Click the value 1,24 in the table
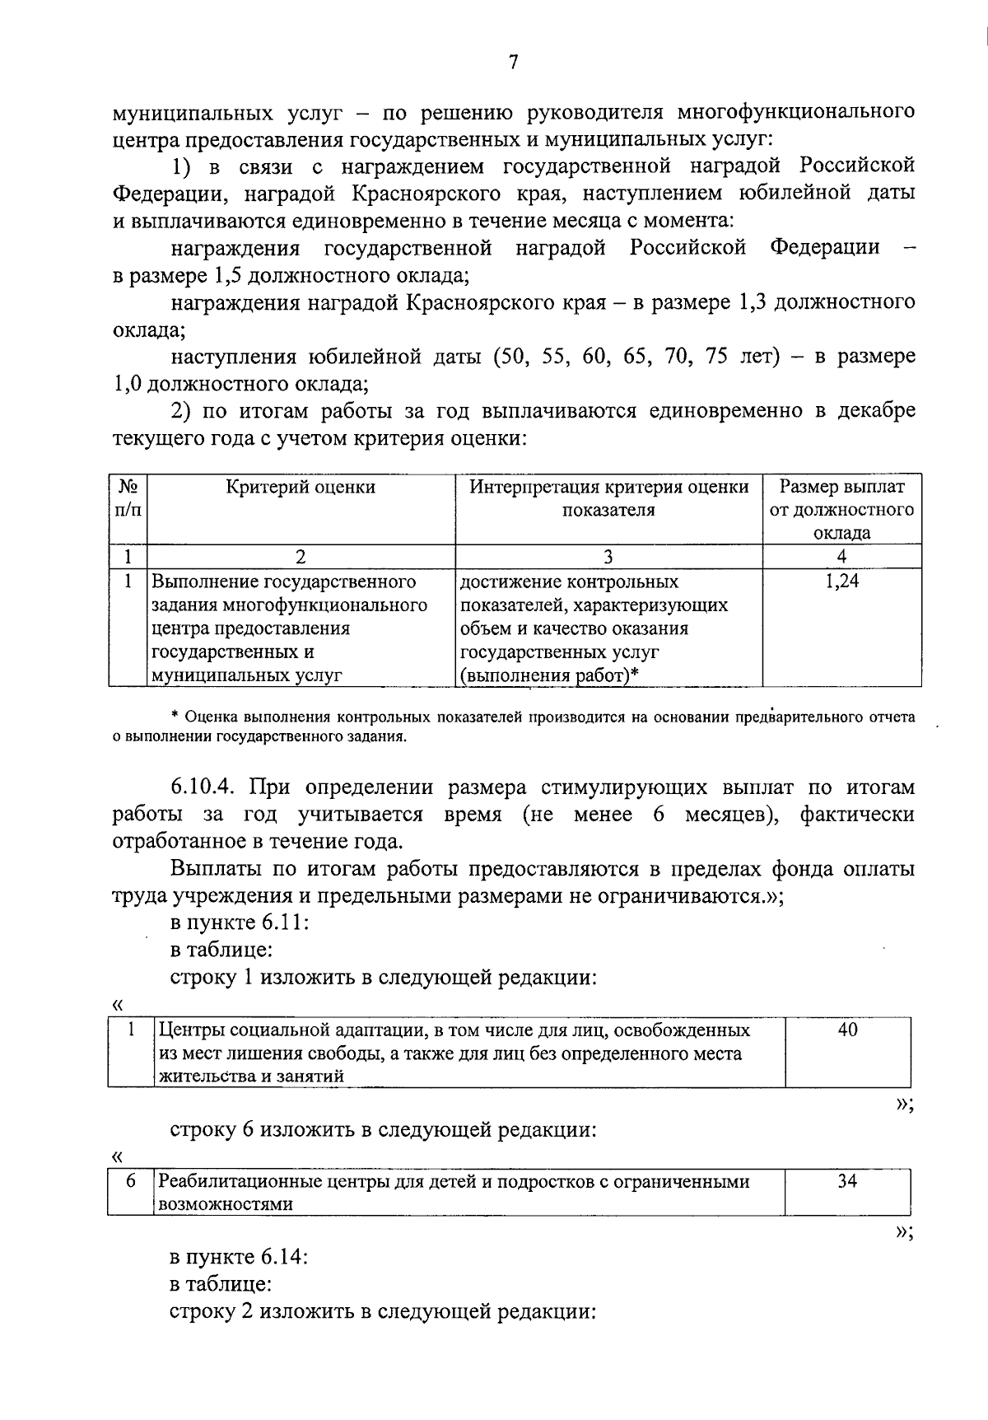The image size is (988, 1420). click(x=841, y=582)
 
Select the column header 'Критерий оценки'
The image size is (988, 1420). click(x=301, y=487)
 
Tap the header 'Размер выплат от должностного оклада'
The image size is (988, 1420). click(x=841, y=509)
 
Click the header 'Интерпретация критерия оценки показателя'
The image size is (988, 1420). click(x=608, y=497)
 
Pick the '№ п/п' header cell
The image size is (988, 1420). click(x=128, y=497)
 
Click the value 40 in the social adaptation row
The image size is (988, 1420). click(x=847, y=1030)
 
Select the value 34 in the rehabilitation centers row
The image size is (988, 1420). click(x=847, y=1181)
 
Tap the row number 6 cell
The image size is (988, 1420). click(x=130, y=1181)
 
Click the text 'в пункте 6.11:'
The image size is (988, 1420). click(x=239, y=923)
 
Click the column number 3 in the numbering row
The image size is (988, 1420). click(x=608, y=557)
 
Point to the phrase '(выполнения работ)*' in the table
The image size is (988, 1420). click(x=550, y=676)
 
